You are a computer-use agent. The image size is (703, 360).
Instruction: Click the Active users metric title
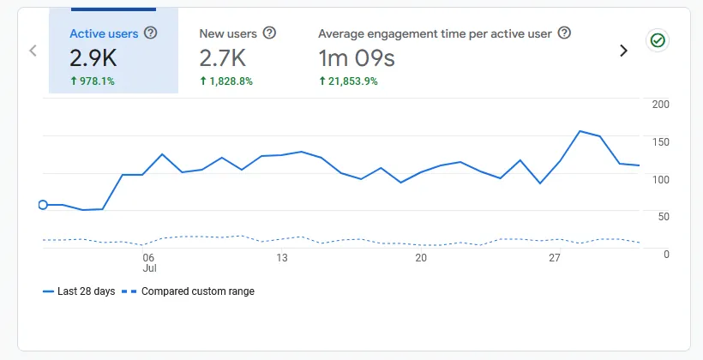(104, 33)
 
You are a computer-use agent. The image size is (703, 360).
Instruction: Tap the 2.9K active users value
(93, 58)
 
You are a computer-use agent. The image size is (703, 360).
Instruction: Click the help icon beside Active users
(151, 33)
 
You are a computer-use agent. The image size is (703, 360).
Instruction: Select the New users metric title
(227, 33)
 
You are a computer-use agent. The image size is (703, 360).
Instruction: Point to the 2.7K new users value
(223, 58)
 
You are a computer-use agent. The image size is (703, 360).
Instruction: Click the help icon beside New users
(269, 33)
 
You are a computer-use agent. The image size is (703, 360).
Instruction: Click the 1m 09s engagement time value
(356, 58)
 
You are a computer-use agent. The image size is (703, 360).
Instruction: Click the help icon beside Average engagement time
(564, 33)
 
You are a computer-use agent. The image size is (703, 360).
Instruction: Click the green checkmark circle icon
(658, 40)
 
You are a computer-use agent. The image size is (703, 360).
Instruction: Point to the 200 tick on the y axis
(660, 104)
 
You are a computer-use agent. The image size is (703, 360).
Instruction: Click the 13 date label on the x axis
(282, 258)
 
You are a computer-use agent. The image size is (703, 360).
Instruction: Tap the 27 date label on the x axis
(555, 258)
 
